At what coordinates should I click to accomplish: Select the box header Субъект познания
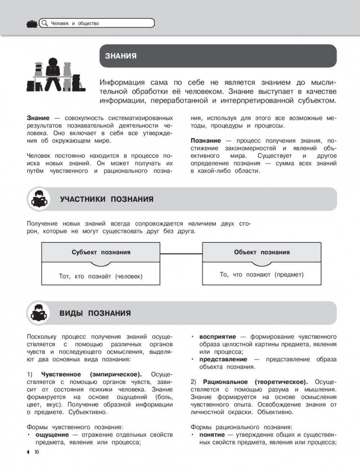click(101, 252)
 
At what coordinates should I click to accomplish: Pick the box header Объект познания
click(262, 252)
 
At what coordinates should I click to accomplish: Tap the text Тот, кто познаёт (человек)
click(100, 276)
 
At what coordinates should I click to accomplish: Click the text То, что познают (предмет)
click(262, 274)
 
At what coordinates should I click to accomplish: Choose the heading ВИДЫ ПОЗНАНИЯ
click(95, 314)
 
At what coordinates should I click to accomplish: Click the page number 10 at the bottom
click(35, 453)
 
